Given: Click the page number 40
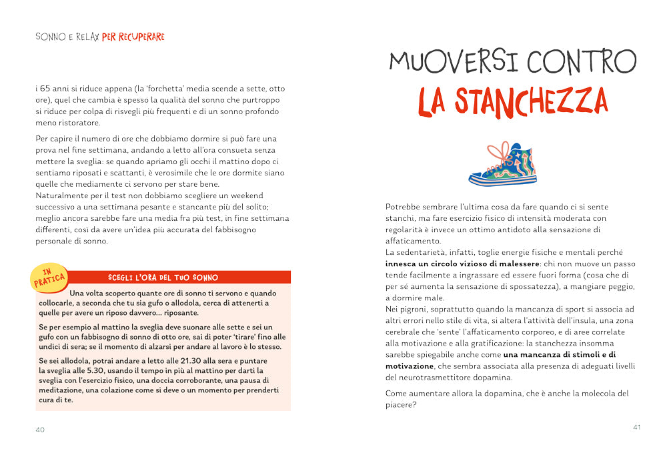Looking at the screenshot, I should point(40,430).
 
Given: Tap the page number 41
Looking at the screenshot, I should point(636,427).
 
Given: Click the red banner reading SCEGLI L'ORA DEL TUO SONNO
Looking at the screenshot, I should point(163,277).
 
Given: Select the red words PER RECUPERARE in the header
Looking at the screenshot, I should point(133,37).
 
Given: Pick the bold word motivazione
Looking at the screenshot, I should point(410,366).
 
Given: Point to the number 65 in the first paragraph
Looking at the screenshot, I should point(49,88).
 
